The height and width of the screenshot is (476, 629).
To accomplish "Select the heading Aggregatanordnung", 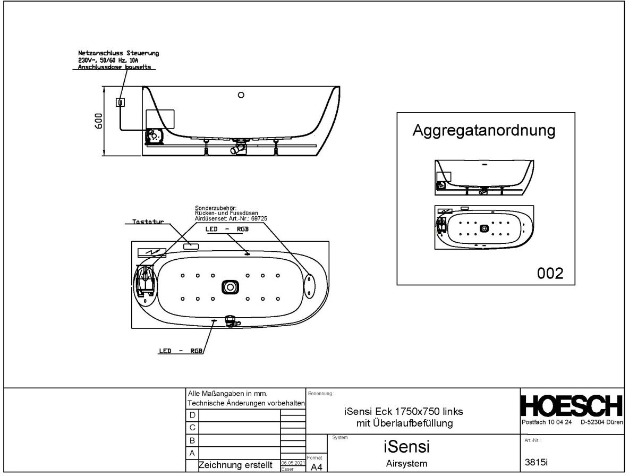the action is coord(484,131).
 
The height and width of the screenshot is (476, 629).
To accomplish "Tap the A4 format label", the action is coord(316,467).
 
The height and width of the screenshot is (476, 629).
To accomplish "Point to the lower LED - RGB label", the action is coord(181,351).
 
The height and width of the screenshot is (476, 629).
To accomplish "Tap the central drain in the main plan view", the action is coord(230,287).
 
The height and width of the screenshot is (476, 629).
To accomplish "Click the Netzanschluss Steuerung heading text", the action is coord(118,54).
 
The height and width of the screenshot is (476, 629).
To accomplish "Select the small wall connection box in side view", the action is coord(121,102).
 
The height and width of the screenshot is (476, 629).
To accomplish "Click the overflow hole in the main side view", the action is coord(241,96).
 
